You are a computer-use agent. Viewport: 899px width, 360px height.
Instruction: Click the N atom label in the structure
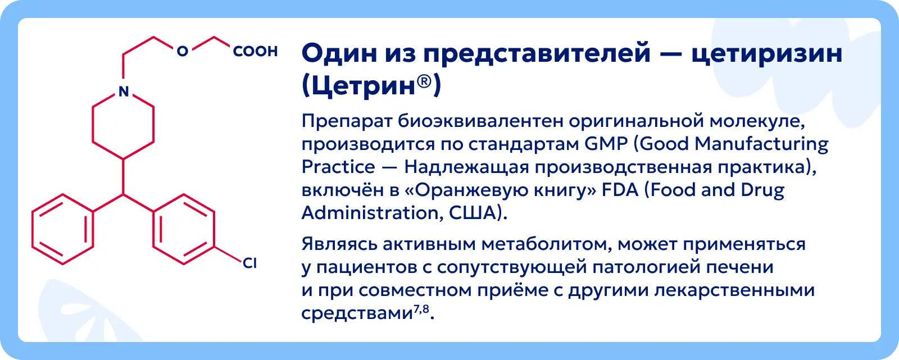point(124,92)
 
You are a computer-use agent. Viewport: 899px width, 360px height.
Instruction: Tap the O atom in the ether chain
point(183,51)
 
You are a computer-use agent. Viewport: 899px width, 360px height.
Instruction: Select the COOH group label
point(255,51)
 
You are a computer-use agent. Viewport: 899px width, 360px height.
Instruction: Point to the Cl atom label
point(249,263)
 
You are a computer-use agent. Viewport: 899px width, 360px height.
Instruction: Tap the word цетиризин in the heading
point(766,54)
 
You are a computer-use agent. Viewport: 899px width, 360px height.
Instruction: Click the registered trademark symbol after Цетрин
point(424,81)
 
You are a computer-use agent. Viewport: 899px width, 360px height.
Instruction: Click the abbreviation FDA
point(620,190)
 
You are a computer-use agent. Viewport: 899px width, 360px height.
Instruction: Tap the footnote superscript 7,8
point(421,309)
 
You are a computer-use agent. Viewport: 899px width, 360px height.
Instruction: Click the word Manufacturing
point(761,144)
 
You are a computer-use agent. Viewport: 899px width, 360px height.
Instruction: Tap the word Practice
point(338,167)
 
